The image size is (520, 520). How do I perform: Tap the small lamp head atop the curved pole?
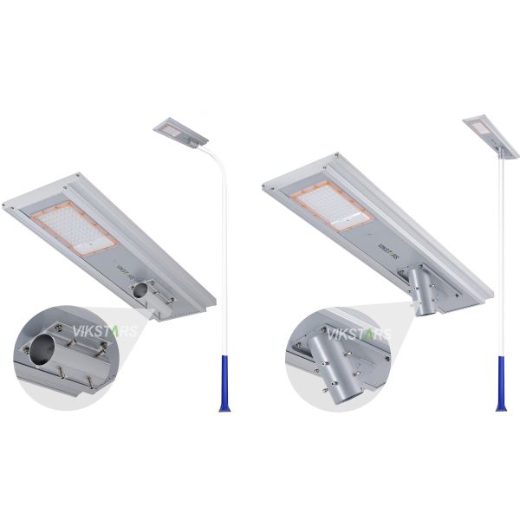[x=181, y=130]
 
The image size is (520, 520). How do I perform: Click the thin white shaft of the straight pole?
[x=500, y=260]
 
